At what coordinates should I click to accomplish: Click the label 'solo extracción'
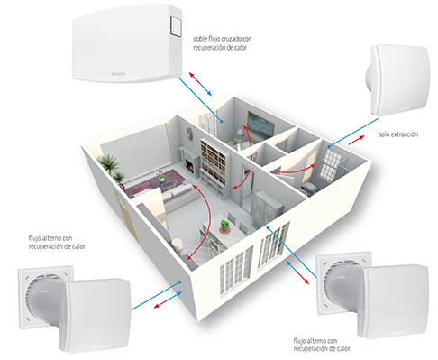pos(398,134)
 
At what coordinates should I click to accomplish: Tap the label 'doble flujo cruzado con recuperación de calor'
pos(223,43)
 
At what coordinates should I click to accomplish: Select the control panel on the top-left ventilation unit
pos(176,26)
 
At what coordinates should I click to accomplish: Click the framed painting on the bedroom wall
pos(260,125)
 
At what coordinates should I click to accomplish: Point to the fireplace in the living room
pos(189,162)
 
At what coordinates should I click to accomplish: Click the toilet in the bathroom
pos(308,189)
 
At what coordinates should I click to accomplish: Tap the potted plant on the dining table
pos(224,226)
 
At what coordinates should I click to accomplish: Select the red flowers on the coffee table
pos(160,175)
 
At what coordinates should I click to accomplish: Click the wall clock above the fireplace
pos(189,134)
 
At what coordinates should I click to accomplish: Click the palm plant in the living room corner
pos(112,165)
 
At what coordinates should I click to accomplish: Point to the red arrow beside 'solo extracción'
pos(357,140)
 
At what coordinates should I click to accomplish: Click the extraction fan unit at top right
pos(397,80)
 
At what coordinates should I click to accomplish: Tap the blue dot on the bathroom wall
pos(329,147)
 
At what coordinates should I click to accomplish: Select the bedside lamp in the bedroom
pos(240,133)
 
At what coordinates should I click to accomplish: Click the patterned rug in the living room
pos(154,183)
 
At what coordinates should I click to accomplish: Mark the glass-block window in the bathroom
pos(329,164)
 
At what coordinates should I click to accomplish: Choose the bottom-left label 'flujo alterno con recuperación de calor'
pos(57,243)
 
